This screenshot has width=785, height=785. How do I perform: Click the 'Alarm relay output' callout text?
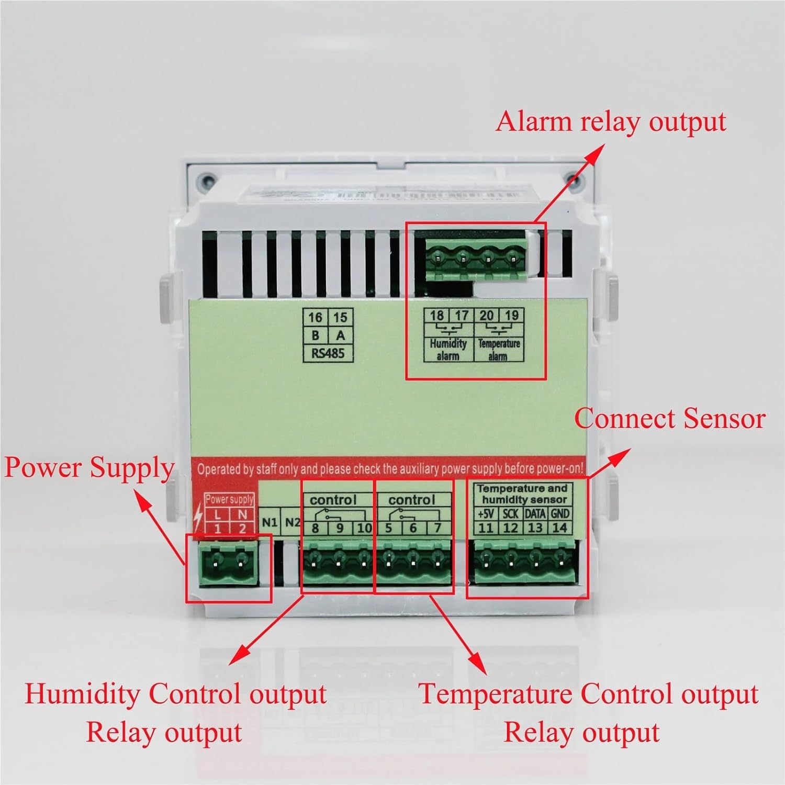coord(610,122)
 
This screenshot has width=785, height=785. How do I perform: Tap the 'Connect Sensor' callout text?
coord(669,419)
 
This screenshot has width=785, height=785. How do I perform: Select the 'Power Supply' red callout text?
coord(89,467)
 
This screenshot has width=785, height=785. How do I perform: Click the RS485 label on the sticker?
coord(328,353)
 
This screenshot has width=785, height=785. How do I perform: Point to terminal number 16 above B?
coord(315,317)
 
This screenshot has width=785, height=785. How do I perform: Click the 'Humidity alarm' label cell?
coord(448,350)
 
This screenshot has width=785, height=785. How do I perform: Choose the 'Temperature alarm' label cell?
coord(498,350)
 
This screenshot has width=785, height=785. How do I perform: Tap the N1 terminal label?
coord(270,522)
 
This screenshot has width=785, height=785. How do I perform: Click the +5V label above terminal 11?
coord(485,513)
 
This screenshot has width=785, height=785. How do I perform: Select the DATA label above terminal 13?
coord(535,513)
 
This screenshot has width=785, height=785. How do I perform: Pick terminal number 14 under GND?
coord(559,528)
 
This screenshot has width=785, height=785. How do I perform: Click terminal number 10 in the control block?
coord(364,528)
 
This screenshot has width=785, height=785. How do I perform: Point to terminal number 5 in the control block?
coord(388,528)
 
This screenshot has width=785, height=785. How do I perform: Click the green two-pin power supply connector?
coord(228,563)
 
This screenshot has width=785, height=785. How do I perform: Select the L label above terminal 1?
coord(218,514)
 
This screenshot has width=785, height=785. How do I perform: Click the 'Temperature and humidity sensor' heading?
coord(522,494)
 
